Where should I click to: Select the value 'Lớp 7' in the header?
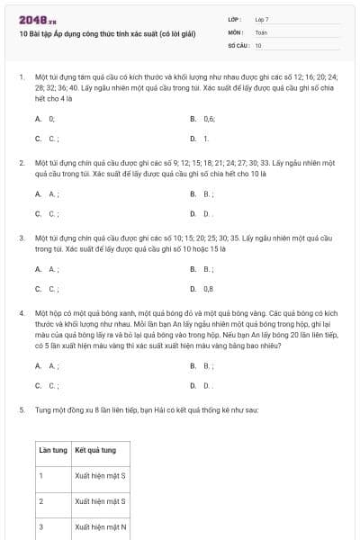262,18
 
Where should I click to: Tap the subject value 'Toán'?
261,31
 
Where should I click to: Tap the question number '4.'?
22,312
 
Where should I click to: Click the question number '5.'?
22,409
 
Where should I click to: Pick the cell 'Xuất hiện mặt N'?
101,526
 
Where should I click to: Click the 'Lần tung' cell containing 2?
40,500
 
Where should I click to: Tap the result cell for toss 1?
101,473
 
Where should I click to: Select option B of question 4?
207,365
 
